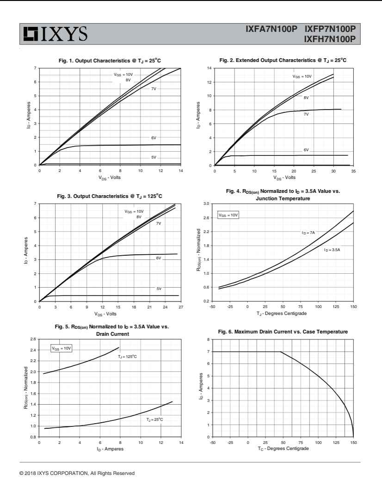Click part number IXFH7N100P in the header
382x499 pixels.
pyautogui.click(x=329, y=39)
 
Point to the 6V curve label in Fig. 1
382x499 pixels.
pyautogui.click(x=154, y=138)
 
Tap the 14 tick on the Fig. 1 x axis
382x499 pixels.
pyautogui.click(x=180, y=171)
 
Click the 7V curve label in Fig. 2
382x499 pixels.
pyautogui.click(x=306, y=114)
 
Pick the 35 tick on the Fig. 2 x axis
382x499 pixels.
pyautogui.click(x=353, y=171)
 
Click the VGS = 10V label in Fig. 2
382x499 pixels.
pyautogui.click(x=302, y=76)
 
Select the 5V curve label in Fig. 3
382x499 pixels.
pyautogui.click(x=159, y=289)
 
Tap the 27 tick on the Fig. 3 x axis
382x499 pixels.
pyautogui.click(x=180, y=307)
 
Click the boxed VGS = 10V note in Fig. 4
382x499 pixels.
pyautogui.click(x=228, y=215)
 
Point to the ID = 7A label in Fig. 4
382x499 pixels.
pyautogui.click(x=308, y=233)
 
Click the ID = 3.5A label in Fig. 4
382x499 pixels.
pyautogui.click(x=332, y=250)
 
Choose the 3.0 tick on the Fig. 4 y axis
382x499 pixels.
pyautogui.click(x=207, y=203)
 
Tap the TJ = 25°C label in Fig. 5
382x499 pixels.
pyautogui.click(x=154, y=419)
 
